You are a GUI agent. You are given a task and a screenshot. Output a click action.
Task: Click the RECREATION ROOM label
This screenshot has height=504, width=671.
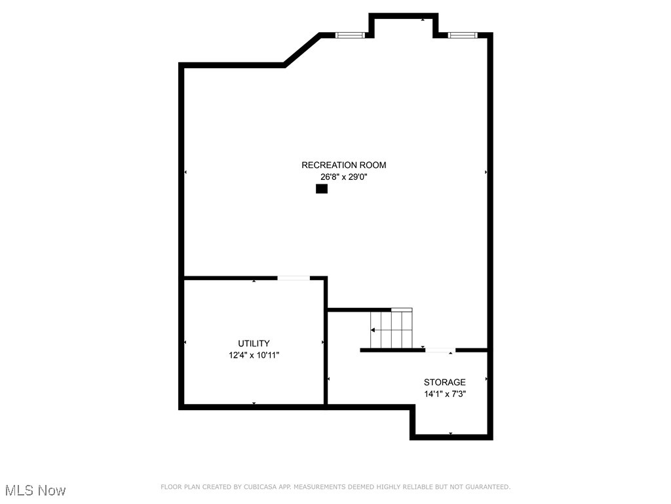point(343,165)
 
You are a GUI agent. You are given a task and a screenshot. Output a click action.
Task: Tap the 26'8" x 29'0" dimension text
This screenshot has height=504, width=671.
point(343,177)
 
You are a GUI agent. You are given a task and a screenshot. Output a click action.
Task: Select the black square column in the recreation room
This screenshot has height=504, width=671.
point(321,189)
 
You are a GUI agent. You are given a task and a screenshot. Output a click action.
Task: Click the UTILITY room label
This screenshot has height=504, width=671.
point(254,343)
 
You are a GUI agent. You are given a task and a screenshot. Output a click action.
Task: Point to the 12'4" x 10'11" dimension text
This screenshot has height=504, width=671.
point(254,355)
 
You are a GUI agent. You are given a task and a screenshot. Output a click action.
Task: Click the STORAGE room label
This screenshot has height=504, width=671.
point(444,382)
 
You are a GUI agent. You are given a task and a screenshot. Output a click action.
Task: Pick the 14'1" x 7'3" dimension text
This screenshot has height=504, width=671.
point(444,394)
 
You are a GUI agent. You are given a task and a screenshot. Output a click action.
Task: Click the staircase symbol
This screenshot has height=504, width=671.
point(391,329)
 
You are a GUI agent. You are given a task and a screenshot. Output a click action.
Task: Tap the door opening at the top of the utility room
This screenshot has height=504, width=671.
point(294,278)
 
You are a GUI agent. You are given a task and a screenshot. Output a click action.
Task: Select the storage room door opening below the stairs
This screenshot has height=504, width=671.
point(440,350)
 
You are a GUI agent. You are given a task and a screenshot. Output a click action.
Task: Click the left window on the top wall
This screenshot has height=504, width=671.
point(349,35)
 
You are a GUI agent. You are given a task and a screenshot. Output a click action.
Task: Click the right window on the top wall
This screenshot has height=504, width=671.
point(461,35)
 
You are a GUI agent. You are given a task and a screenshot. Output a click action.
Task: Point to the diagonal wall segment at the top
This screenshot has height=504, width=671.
point(301,50)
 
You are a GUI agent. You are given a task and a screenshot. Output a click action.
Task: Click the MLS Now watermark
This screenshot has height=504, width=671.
point(35,490)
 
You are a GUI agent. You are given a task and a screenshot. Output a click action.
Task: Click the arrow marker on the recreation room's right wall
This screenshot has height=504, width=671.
point(486,172)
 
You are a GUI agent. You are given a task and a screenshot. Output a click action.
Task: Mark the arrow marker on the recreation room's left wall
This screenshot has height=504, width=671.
point(185,172)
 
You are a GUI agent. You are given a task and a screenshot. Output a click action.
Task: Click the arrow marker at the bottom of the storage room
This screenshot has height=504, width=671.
point(451,434)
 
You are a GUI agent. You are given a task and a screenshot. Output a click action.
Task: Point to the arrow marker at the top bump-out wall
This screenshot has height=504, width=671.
point(423,20)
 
